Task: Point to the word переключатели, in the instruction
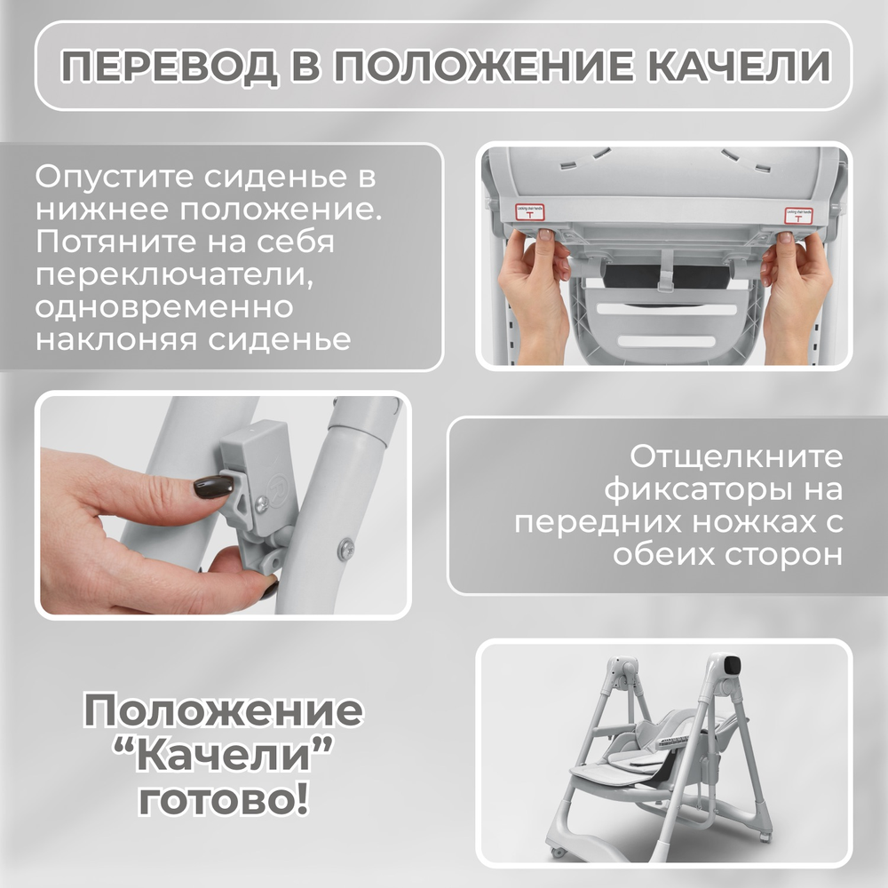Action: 173,275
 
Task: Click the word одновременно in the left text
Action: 164,307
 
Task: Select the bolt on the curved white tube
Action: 345,548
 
